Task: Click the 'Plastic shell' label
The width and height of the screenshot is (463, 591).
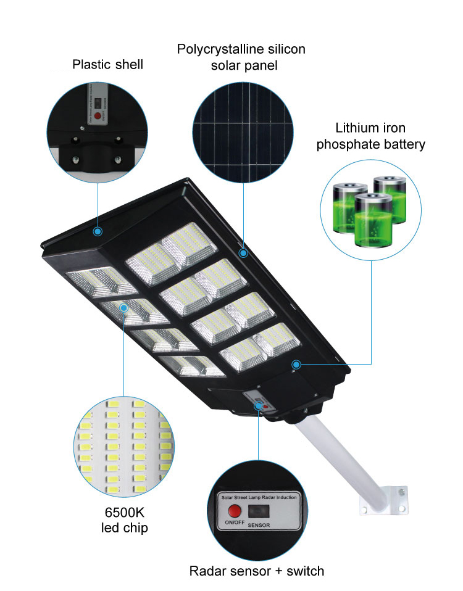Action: click(x=107, y=64)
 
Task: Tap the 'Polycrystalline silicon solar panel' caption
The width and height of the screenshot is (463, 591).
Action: click(x=241, y=57)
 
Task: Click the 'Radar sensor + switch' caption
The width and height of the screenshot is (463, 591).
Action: click(x=257, y=571)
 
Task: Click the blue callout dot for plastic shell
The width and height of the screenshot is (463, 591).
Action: click(x=97, y=232)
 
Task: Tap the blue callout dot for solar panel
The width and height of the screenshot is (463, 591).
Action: click(x=243, y=253)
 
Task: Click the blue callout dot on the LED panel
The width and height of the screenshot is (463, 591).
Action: click(x=124, y=307)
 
